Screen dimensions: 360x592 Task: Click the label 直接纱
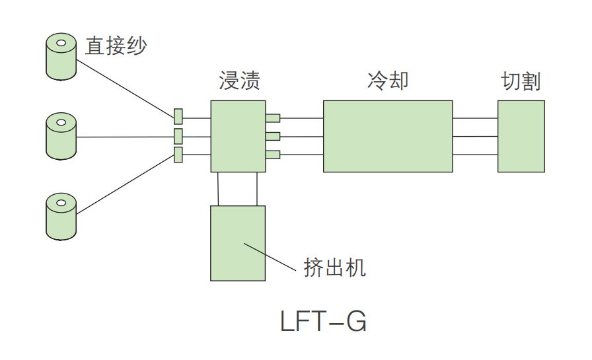tap(116, 46)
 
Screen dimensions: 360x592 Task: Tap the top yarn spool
tap(61, 58)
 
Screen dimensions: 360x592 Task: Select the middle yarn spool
tap(61, 137)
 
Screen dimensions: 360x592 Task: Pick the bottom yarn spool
tap(61, 217)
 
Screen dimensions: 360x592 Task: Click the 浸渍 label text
tap(239, 81)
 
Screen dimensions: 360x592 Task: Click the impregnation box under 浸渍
tap(238, 136)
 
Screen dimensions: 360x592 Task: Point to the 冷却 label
tap(388, 80)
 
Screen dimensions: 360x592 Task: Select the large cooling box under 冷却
tap(388, 136)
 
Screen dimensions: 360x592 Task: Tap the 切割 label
tap(521, 81)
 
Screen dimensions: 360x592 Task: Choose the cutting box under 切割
tap(521, 136)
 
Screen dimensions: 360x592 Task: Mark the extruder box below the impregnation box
tap(238, 243)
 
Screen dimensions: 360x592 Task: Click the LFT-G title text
tap(323, 322)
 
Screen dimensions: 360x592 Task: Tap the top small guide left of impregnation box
tap(178, 117)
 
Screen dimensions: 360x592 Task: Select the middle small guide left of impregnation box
tap(178, 136)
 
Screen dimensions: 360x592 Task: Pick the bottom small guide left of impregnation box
tap(178, 155)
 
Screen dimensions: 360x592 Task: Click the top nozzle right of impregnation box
tap(273, 118)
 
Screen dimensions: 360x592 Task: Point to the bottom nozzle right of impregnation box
tap(273, 155)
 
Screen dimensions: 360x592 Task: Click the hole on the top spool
tap(61, 45)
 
